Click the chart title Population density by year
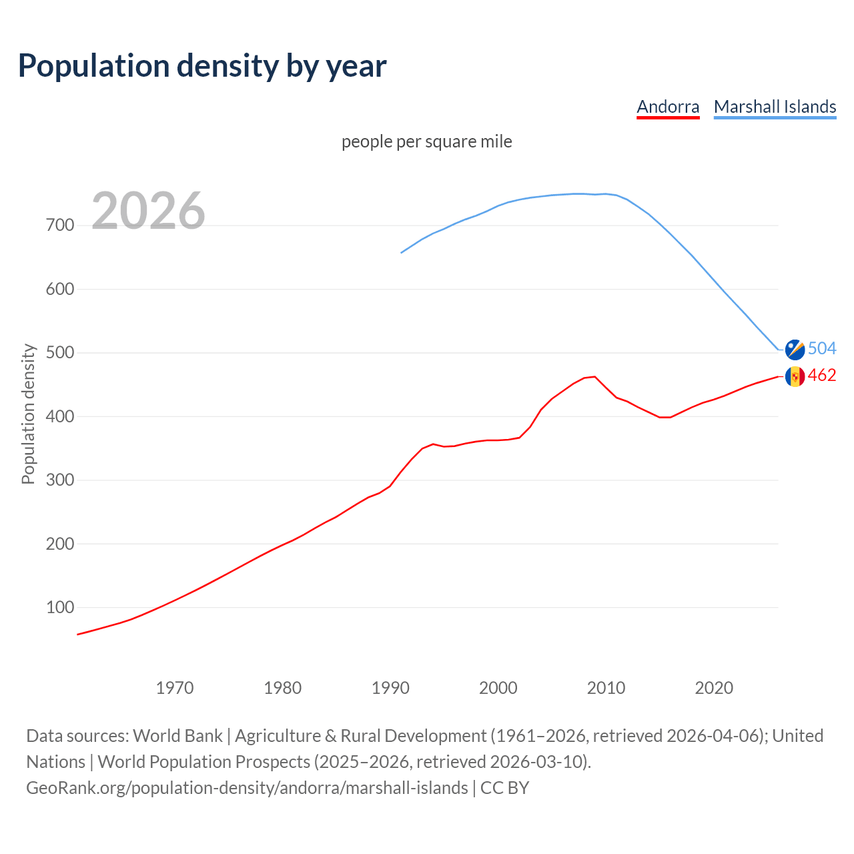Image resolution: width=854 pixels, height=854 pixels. (202, 66)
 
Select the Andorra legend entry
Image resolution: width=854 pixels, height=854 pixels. (668, 107)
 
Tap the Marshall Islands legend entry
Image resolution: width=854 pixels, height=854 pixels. (775, 107)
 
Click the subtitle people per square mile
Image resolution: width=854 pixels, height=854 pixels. (426, 141)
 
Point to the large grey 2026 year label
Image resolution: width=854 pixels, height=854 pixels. (148, 211)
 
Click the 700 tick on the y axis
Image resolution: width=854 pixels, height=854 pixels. (60, 226)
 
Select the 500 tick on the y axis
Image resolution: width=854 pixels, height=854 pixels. (60, 353)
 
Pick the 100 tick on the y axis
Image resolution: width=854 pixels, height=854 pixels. (60, 608)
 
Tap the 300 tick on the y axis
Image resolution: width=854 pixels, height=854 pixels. (60, 480)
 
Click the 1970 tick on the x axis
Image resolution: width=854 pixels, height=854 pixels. (175, 688)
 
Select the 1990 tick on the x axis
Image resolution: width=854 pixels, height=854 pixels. (390, 688)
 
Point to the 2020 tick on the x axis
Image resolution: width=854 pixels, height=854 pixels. (714, 688)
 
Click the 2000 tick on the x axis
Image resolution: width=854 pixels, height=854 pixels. (498, 688)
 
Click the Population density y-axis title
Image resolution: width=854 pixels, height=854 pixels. (28, 414)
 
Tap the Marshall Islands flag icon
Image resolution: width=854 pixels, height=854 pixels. (795, 349)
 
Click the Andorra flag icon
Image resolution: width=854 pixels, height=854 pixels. (795, 376)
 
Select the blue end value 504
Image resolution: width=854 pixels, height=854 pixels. (822, 348)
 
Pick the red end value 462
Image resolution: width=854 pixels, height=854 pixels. (822, 376)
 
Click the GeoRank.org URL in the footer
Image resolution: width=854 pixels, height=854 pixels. (247, 788)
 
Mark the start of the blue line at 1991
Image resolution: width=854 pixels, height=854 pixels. (401, 253)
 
